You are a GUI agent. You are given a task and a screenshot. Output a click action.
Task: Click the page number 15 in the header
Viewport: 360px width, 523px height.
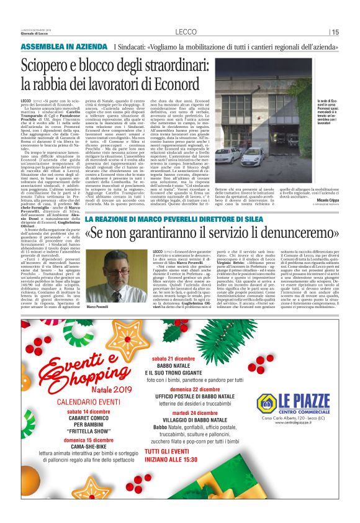335,32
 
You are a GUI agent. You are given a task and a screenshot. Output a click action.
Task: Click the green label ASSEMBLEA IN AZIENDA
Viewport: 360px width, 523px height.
58,47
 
